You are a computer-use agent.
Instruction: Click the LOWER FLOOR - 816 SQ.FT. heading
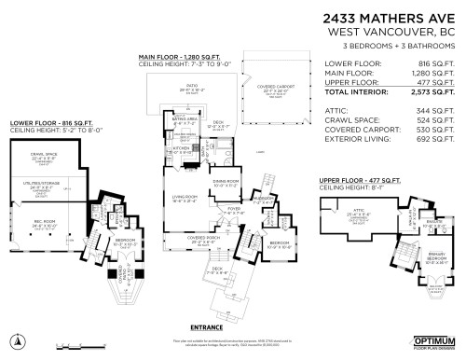point(46,122)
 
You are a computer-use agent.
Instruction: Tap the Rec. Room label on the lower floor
point(47,222)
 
